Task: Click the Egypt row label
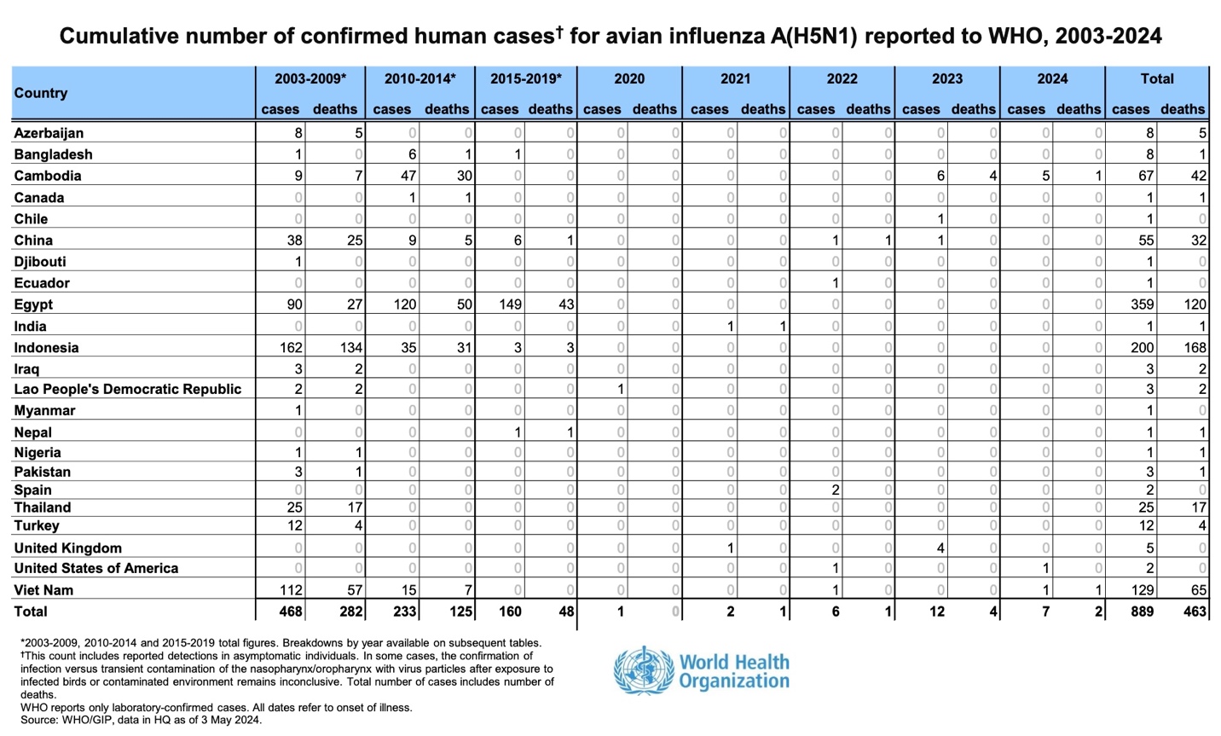33,304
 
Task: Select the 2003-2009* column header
310,78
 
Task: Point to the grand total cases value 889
1141,611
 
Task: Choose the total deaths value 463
1194,611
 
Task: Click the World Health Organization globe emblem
643,670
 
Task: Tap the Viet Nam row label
43,590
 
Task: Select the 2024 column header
1052,78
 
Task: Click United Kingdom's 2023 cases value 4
940,548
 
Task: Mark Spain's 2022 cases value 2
836,490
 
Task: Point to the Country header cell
41,93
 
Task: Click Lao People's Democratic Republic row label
128,389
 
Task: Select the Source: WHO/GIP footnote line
142,720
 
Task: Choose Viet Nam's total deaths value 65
1198,590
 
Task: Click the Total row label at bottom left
31,611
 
